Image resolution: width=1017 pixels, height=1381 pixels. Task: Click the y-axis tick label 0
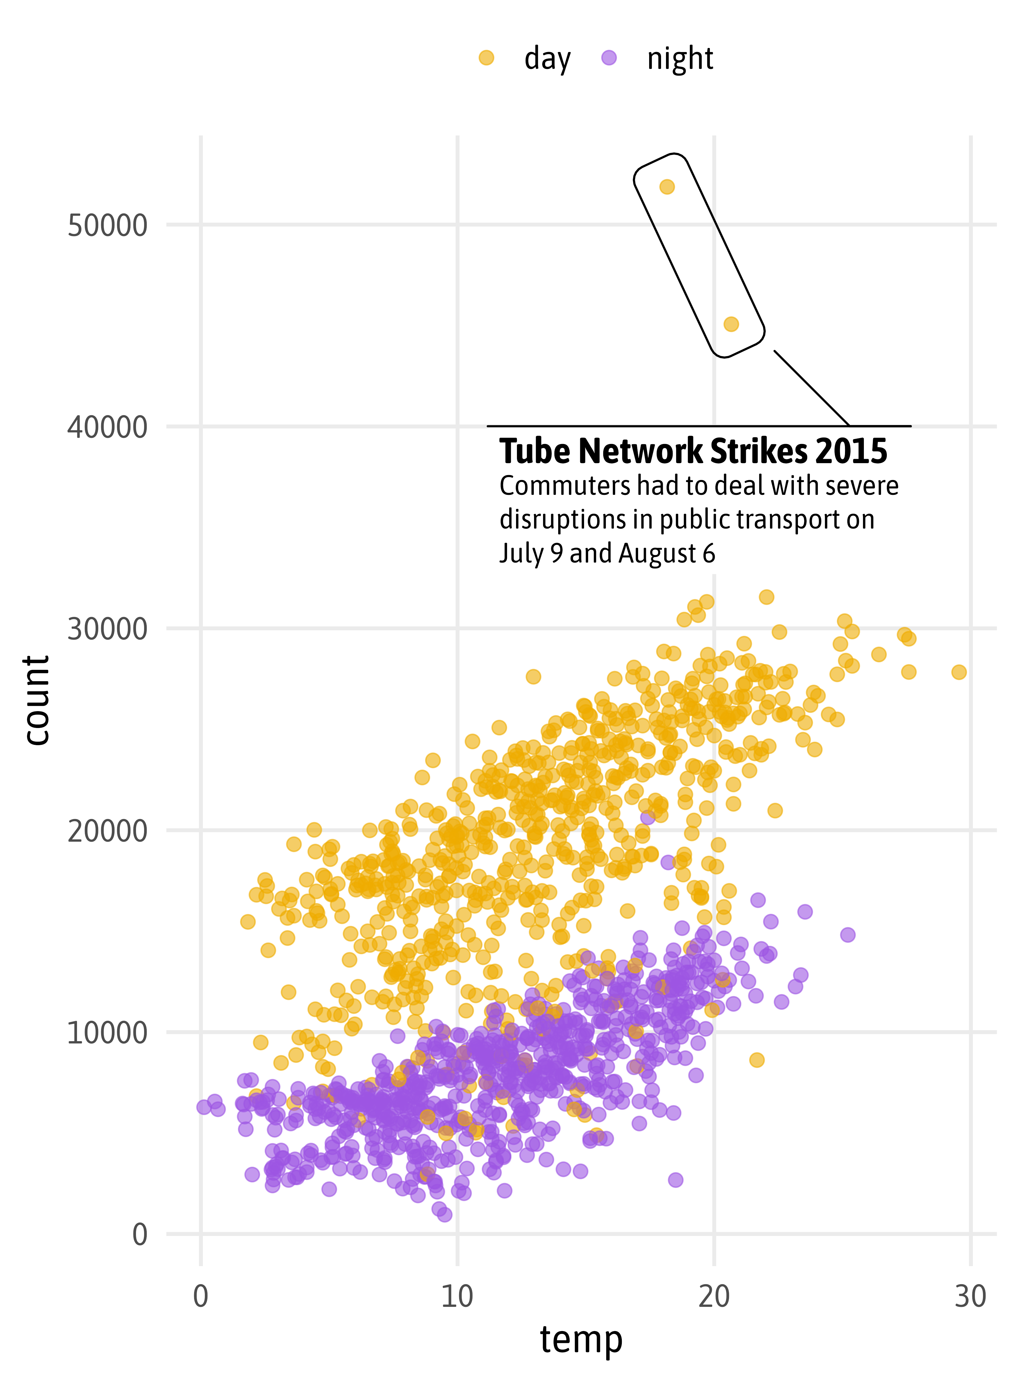140,1234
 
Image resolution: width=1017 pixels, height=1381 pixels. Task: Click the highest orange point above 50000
667,187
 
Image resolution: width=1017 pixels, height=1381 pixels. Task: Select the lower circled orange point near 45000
731,324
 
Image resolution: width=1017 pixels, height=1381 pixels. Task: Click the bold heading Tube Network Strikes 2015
693,452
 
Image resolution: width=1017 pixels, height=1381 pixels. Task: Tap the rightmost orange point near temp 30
959,672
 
